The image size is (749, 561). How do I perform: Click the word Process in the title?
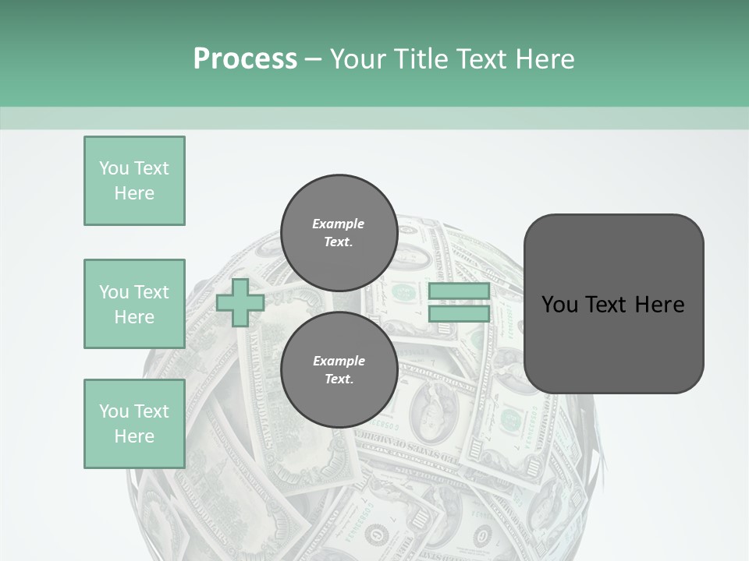point(245,59)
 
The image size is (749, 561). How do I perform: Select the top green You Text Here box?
point(134,181)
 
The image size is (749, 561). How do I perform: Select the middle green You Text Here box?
point(134,304)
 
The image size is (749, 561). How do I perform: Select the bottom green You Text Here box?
point(134,424)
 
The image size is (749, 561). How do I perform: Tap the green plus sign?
point(240,303)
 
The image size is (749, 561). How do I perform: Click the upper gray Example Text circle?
point(339,232)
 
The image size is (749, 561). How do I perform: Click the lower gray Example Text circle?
point(339,369)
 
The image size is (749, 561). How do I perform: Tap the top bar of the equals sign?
point(459,291)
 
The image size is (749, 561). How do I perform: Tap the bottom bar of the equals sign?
point(459,314)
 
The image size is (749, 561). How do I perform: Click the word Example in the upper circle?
point(339,224)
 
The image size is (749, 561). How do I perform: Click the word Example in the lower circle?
point(339,361)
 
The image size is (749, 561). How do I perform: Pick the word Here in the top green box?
point(134,193)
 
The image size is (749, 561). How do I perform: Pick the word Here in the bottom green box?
point(134,436)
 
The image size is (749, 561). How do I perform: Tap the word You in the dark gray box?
point(559,305)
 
